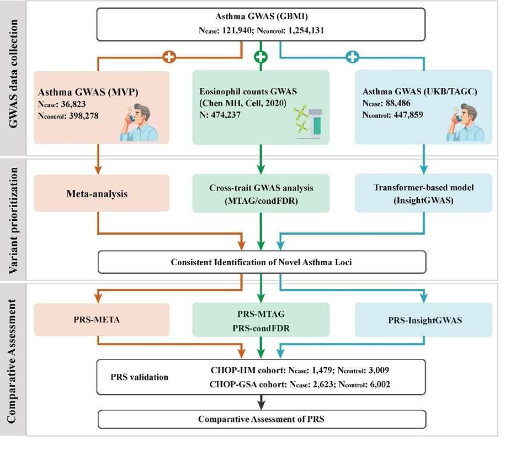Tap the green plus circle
tap(261, 56)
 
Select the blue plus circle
tap(352, 56)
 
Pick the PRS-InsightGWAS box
tap(423, 319)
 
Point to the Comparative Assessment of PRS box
tap(261, 419)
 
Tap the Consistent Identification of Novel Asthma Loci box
tap(261, 262)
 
